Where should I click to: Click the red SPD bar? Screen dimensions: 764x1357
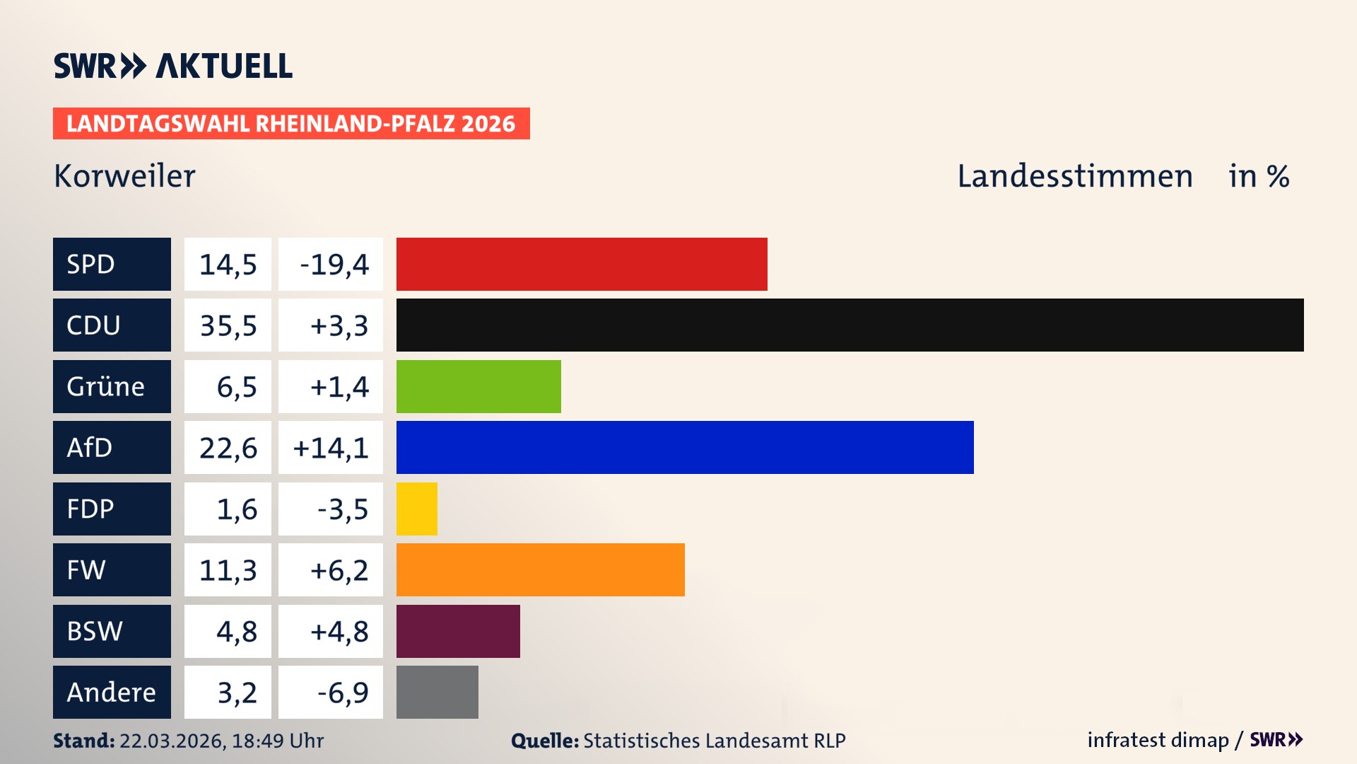(x=582, y=264)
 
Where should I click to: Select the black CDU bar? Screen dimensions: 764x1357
(x=850, y=325)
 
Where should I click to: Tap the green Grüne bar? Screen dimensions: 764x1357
(x=478, y=386)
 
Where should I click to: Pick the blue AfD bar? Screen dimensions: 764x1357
(x=685, y=448)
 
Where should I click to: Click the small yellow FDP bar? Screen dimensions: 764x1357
(x=417, y=509)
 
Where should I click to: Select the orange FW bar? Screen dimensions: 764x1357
(x=541, y=570)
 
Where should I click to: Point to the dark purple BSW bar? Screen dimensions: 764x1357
(x=458, y=631)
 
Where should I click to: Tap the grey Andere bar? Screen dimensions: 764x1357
(x=437, y=693)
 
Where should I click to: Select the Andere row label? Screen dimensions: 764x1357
(x=112, y=693)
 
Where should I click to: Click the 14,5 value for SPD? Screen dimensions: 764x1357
(x=228, y=265)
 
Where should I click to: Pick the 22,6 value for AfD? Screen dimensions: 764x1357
(x=228, y=448)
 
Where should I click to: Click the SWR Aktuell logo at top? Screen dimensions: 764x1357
(x=173, y=66)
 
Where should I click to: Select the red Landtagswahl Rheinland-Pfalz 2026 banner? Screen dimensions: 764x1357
(x=291, y=124)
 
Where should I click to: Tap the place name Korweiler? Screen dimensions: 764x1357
(x=124, y=176)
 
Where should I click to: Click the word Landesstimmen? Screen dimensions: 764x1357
(x=1074, y=176)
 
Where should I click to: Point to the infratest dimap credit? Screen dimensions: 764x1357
(x=1158, y=740)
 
